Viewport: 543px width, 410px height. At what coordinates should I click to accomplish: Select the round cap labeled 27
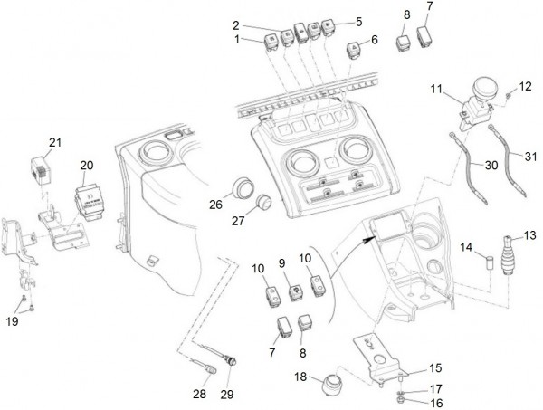[x=265, y=202]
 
